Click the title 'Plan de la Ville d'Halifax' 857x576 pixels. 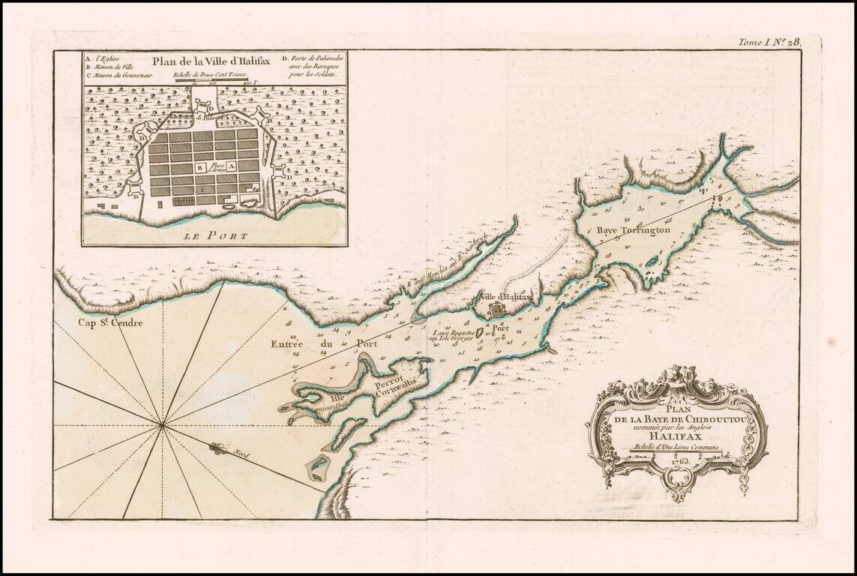pos(205,63)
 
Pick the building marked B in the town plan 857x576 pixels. pos(199,169)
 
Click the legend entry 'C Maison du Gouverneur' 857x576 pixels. pos(121,75)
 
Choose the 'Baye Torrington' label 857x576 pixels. pos(634,232)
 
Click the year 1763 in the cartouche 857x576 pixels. pos(677,460)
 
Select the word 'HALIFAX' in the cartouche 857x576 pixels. pos(676,433)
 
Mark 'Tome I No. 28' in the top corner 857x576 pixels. pos(769,43)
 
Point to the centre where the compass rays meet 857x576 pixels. pos(162,425)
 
